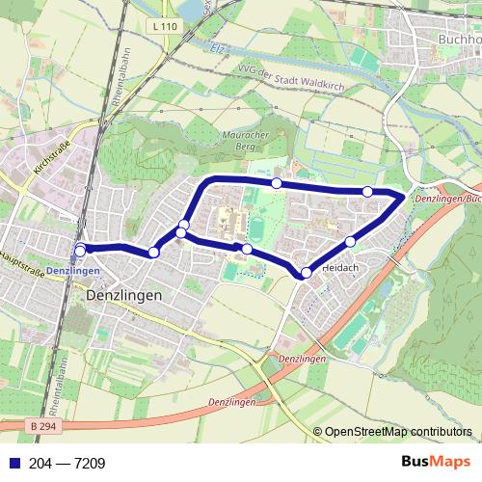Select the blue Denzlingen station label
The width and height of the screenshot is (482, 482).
pos(99,271)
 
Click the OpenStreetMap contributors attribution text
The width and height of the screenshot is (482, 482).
pos(398,432)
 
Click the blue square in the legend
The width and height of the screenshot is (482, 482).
pos(11,463)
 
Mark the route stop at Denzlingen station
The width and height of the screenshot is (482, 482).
pos(80,250)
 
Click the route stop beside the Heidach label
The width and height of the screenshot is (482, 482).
pos(306,273)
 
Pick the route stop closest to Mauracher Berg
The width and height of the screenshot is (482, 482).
pos(277,183)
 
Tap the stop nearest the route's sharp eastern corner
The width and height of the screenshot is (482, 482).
pos(367,192)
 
